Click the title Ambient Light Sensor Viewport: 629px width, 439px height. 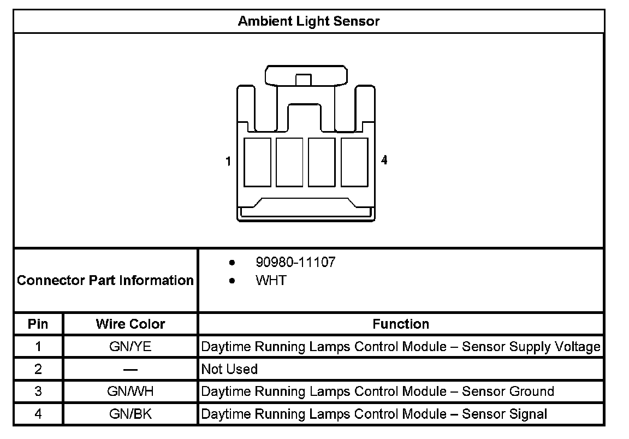pos(308,21)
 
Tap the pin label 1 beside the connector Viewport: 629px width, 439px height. pos(228,161)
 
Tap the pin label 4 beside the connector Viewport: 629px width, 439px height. pos(384,160)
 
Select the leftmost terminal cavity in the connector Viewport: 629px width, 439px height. pos(257,163)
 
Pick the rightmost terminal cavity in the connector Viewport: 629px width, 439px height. pos(354,163)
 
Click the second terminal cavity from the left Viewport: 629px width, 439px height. pos(289,163)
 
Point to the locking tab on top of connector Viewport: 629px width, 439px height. pos(305,75)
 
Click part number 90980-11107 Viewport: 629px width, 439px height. pos(295,262)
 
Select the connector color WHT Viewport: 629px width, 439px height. pos(270,281)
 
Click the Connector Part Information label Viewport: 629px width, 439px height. pos(105,281)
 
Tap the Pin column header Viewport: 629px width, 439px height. pos(38,324)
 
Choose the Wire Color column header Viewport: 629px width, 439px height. pos(130,324)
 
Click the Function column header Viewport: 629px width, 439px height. pos(401,324)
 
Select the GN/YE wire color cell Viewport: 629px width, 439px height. pos(130,346)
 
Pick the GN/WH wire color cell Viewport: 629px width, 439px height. pos(130,391)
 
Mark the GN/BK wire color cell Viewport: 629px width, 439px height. pos(130,414)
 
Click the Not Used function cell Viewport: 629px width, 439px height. pos(229,369)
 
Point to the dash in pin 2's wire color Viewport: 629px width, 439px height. pos(130,369)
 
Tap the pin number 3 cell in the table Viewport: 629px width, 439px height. pos(38,391)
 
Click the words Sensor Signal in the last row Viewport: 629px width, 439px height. pos(505,414)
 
